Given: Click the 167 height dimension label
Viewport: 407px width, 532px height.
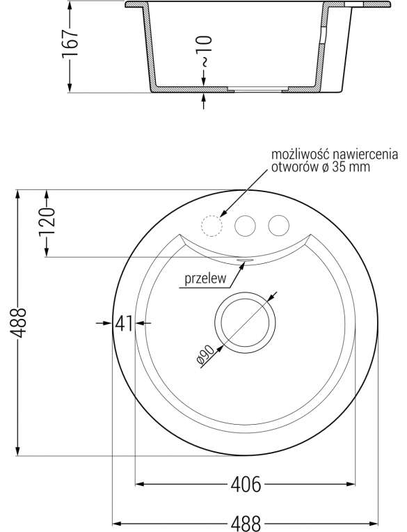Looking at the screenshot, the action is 70,45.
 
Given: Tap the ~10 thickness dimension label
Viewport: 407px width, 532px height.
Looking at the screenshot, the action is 205,50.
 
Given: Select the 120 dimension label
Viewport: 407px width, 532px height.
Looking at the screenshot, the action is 47,222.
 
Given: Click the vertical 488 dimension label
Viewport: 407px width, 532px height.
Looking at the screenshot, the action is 18,322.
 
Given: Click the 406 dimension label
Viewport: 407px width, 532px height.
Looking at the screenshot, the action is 246,484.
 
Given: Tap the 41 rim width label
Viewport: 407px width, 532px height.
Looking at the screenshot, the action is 124,323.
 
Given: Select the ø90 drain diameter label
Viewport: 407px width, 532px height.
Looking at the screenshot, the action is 205,355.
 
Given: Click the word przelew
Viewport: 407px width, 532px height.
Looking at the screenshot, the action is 205,279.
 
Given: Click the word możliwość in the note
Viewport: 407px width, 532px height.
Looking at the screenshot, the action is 298,155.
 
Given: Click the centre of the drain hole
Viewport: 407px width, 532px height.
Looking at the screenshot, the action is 245,322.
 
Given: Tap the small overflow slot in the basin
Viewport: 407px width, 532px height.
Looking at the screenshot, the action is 244,260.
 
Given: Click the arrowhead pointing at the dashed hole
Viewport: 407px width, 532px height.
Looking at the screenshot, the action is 223,213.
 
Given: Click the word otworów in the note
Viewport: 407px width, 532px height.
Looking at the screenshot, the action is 294,167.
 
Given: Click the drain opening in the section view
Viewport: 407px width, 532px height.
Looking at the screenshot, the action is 257,90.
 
